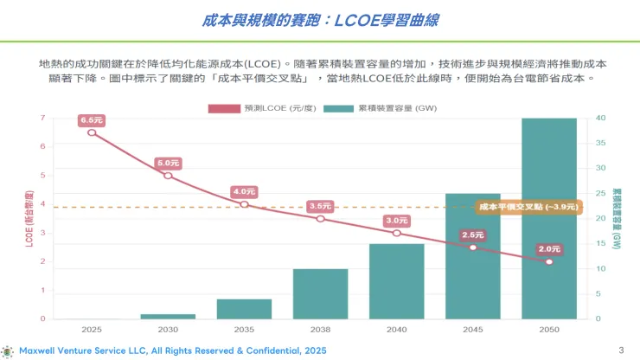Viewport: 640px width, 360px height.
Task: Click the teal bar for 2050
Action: coord(549,219)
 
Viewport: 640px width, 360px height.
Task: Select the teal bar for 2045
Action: coord(473,256)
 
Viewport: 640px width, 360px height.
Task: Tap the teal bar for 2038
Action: coord(320,294)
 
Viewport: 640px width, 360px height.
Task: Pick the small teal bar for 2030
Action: coord(168,317)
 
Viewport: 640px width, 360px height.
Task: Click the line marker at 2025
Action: coord(92,132)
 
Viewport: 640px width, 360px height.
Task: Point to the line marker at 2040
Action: coord(397,234)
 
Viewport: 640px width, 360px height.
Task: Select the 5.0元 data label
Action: coord(168,163)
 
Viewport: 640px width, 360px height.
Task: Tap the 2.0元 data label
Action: coord(549,249)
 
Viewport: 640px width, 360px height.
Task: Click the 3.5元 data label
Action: coord(320,206)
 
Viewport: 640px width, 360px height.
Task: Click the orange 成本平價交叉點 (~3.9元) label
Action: coord(528,207)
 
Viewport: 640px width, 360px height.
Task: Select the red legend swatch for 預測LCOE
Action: coord(224,108)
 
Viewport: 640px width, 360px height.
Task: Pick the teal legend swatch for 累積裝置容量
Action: coord(338,108)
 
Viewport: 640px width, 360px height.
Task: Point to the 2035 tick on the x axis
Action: coord(244,330)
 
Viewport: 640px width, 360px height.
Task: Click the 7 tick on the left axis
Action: coord(43,118)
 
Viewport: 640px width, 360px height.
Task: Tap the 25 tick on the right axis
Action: coord(600,193)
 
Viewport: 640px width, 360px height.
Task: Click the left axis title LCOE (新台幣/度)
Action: coord(29,219)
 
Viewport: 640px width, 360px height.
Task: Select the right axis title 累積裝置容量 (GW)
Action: coord(617,219)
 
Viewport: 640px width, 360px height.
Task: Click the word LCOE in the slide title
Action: coord(356,20)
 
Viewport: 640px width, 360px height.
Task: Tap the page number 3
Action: coord(621,350)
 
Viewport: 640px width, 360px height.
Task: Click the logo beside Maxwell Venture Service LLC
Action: coord(7,351)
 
